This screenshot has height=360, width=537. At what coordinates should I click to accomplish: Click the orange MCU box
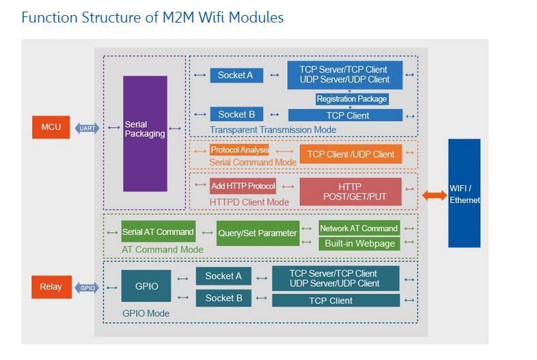pos(51,128)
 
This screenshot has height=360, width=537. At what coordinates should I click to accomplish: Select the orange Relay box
pos(51,287)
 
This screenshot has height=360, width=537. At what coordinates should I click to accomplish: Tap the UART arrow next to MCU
pos(87,128)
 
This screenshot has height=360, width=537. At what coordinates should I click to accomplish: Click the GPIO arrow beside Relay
pos(87,288)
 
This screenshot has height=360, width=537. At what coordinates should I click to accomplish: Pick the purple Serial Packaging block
pos(145,133)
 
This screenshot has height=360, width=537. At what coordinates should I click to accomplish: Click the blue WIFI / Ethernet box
pos(465,193)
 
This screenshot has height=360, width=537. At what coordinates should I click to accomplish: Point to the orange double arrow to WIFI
pos(435,196)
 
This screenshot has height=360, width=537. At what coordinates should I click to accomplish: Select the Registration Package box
pos(352,99)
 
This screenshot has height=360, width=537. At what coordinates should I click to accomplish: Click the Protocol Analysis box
pos(239,150)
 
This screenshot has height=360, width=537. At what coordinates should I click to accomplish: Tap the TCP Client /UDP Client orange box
pos(350,154)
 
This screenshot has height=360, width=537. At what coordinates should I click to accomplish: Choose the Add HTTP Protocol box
pos(243,186)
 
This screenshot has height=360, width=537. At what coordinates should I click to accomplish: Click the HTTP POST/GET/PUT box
pos(350,192)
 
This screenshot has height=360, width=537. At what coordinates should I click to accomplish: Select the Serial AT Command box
pos(158,232)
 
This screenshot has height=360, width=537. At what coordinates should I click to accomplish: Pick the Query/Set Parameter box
pos(258,233)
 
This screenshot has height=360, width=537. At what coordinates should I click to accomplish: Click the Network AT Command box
pos(359,228)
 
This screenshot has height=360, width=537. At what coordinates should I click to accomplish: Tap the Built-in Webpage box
pos(359,243)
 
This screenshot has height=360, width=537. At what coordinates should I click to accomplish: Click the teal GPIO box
pos(146,286)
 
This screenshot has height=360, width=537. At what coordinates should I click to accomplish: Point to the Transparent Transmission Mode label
pos(273,130)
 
